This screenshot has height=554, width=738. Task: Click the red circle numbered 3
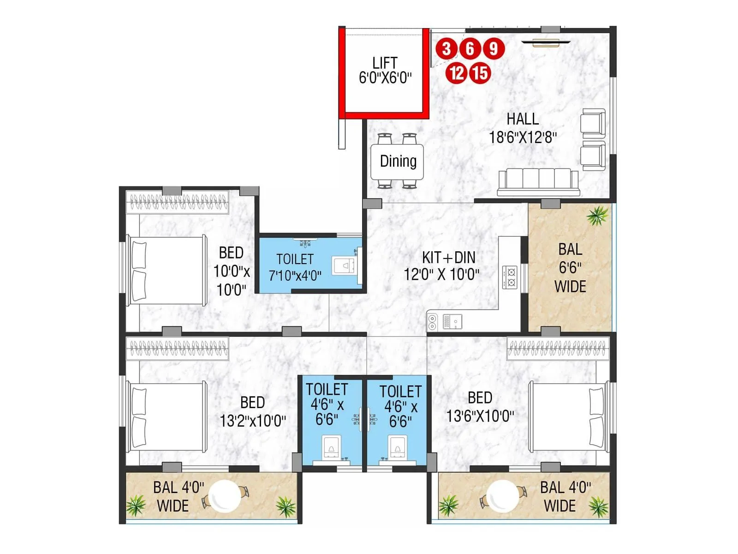point(446,48)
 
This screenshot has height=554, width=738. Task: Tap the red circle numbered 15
point(480,73)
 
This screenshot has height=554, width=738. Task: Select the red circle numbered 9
point(494,48)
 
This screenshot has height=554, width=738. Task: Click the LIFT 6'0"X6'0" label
point(385,70)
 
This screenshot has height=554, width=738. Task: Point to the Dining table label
point(398,161)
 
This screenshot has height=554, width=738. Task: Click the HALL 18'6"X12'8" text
point(523,128)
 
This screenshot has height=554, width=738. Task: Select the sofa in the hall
point(538,182)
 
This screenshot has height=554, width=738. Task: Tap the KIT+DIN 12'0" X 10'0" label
point(442,266)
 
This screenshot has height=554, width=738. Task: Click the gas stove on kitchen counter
point(510,277)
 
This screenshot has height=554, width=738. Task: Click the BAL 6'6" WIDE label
point(570,268)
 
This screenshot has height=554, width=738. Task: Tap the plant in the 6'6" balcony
point(597,215)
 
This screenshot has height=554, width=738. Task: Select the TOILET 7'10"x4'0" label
point(295,267)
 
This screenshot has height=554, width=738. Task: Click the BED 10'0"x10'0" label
point(232,271)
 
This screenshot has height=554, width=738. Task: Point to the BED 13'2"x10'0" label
point(253,411)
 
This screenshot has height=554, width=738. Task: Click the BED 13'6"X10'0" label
point(480,407)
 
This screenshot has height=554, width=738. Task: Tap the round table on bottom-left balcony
point(225,496)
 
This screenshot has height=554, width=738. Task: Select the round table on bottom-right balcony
point(502,496)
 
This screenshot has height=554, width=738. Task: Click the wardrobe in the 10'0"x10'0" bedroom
point(178,203)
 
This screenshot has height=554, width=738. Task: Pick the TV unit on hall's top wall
point(546,43)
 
